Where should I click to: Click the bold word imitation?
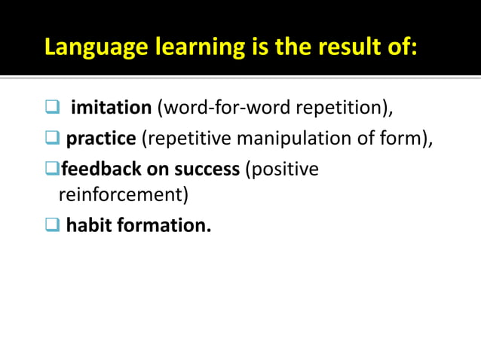111,108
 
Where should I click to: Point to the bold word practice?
101,139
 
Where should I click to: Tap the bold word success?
205,169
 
